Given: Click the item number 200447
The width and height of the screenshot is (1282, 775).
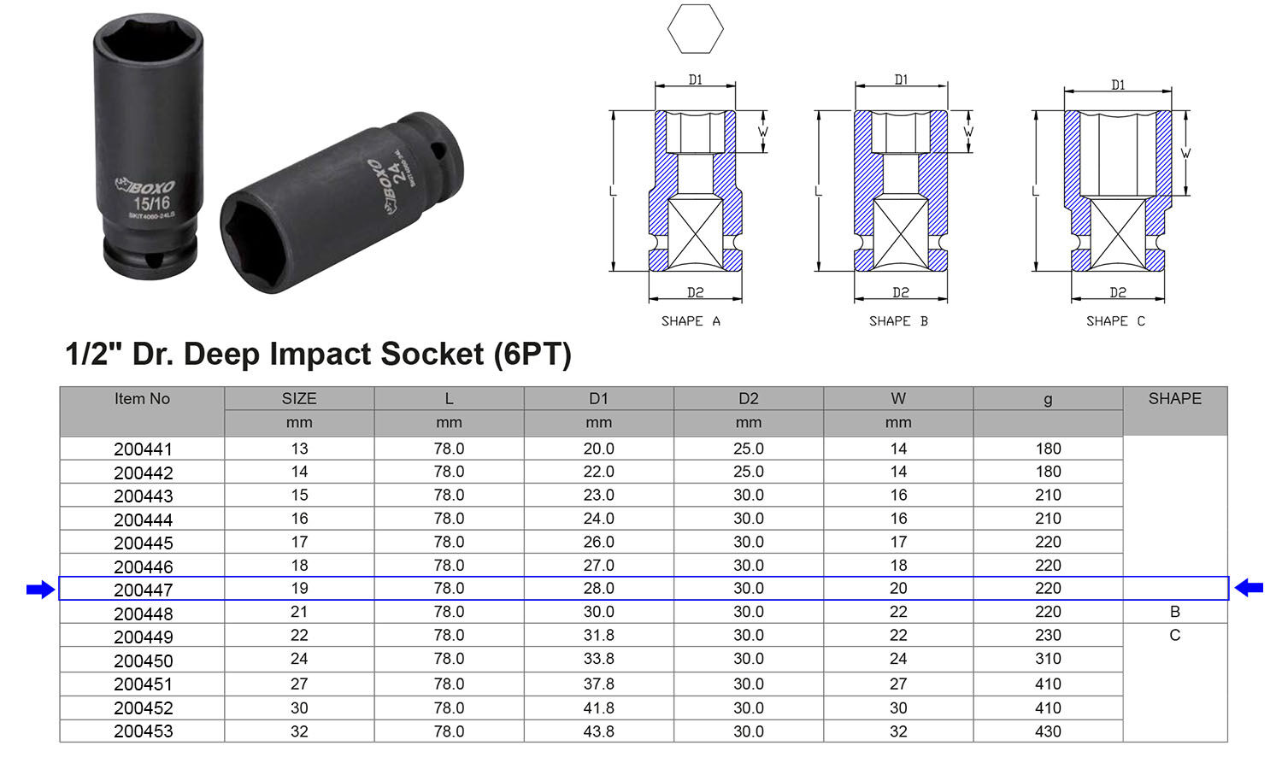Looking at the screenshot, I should tap(143, 590).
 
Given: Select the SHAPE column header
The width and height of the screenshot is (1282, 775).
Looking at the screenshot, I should tap(1174, 399).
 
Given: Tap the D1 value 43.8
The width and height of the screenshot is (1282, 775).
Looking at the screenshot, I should tap(598, 731).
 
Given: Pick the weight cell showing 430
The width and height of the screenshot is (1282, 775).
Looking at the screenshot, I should tap(1048, 731).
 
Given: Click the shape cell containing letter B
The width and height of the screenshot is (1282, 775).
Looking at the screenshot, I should tap(1175, 612).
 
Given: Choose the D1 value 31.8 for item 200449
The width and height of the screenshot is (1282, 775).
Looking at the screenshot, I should tap(598, 636).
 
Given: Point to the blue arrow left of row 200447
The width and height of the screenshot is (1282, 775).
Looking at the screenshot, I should tap(40, 590).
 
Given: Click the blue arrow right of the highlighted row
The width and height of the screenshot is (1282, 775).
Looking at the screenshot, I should tap(1249, 588).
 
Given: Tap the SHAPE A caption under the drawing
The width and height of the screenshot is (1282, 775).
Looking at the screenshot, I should tap(691, 321).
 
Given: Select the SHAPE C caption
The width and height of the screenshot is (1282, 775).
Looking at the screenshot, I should tap(1115, 321).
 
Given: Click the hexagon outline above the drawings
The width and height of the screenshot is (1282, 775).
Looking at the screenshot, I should tap(695, 29).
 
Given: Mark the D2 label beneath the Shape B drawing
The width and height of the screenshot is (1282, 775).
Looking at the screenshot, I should tap(901, 293).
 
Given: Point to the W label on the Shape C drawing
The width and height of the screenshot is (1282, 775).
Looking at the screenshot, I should tap(1185, 154).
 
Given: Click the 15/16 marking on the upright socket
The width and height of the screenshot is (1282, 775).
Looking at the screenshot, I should tap(151, 203).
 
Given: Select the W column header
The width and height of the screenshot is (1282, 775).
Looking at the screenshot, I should tap(897, 399).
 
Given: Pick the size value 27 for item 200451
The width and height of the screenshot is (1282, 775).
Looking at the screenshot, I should tap(299, 684).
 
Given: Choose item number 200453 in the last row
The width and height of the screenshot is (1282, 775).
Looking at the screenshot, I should tap(143, 731).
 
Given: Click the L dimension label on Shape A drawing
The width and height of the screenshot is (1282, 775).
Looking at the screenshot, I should tap(613, 191).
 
